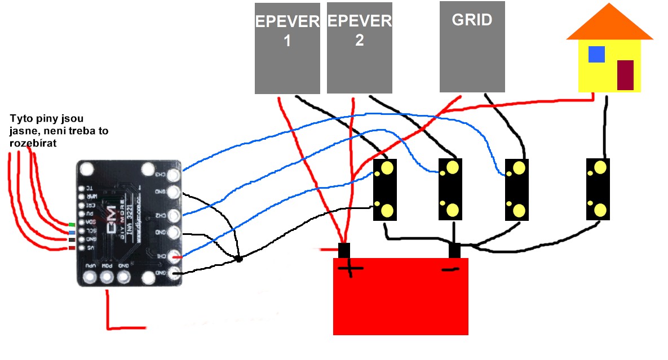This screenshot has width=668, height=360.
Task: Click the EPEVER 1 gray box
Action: [x=287, y=48]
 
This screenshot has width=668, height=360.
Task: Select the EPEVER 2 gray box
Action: [x=359, y=48]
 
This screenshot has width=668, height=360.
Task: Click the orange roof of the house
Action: [x=609, y=25]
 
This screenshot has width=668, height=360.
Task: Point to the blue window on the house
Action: [x=596, y=54]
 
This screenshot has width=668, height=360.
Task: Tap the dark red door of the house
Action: [x=625, y=75]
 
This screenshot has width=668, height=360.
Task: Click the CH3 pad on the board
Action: [x=173, y=174]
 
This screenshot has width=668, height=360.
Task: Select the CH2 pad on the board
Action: [x=173, y=216]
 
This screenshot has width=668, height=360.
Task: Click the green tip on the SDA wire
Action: [x=72, y=225]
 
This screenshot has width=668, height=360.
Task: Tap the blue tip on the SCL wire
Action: [x=72, y=232]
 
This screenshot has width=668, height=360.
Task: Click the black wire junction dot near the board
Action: [x=238, y=259]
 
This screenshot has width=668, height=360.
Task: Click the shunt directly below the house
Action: [x=598, y=189]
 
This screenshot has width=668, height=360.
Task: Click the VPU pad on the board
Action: [x=89, y=277]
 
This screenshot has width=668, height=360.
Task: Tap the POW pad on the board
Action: [x=107, y=277]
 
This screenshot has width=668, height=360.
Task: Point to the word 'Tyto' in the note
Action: [x=20, y=120]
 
